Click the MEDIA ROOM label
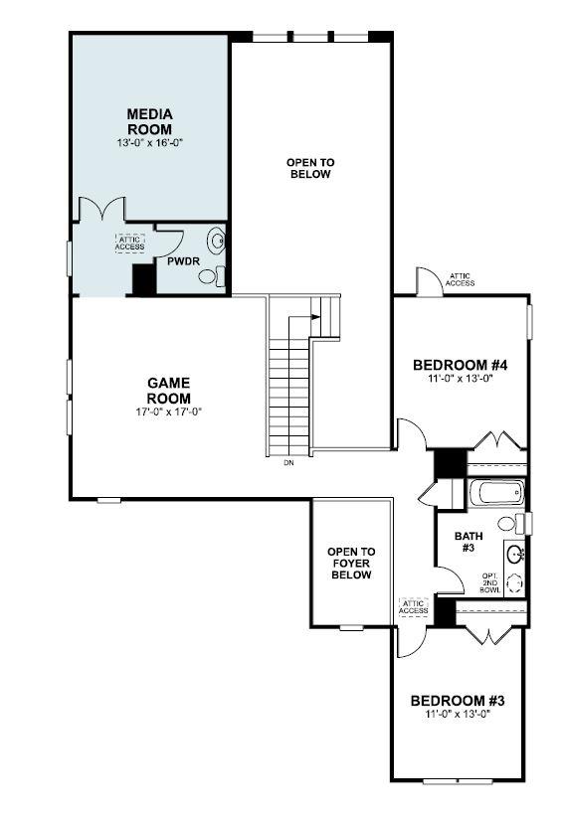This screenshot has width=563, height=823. (x=149, y=121)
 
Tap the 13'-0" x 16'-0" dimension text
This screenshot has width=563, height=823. (x=149, y=143)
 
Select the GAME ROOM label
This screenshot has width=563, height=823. (x=168, y=390)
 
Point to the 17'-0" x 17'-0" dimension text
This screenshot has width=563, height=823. (x=168, y=411)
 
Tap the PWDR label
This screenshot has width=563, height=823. (x=180, y=262)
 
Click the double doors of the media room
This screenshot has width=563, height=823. (x=99, y=209)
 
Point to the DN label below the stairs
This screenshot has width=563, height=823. (x=288, y=463)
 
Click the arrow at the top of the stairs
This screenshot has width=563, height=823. (x=315, y=317)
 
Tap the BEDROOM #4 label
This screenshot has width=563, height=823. (x=461, y=365)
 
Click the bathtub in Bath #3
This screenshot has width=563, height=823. (x=495, y=492)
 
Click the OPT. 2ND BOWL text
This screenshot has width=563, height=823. (x=490, y=583)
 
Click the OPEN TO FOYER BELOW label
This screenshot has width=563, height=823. (x=351, y=563)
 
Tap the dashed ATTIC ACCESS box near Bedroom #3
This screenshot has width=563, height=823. (x=413, y=606)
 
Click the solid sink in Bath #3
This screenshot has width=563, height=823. (x=514, y=554)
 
